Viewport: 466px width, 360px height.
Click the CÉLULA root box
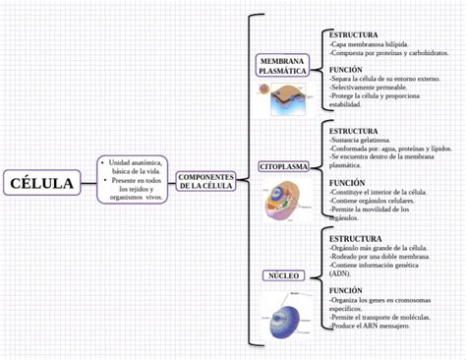tap(42, 182)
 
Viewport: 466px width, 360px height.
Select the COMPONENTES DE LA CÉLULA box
tap(205, 181)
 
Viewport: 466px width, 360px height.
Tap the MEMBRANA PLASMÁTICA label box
tap(282, 66)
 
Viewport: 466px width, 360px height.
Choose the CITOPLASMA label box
tap(283, 167)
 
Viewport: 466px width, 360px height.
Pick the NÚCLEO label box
tap(282, 275)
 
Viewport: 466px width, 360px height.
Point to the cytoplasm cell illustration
tap(283, 210)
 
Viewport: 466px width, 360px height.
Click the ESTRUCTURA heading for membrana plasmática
tap(353, 34)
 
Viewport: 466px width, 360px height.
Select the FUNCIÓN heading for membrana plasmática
tap(346, 70)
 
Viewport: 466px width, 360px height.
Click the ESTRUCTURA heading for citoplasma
tap(353, 131)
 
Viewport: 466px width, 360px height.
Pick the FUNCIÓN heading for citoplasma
tap(346, 182)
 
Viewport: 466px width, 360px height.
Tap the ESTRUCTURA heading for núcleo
tap(355, 238)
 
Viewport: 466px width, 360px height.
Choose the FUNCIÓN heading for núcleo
tap(346, 290)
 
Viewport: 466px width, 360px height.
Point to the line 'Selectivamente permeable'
tap(370, 87)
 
